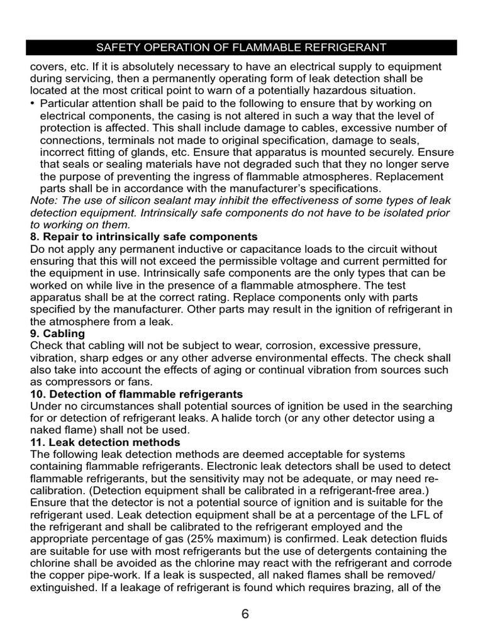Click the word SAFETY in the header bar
click(x=116, y=48)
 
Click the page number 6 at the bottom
click(x=245, y=614)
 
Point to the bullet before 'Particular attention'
click(x=33, y=103)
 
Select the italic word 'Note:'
click(x=44, y=200)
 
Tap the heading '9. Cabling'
click(x=57, y=333)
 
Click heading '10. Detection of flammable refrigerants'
click(x=136, y=394)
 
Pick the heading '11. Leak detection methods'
click(x=105, y=442)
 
